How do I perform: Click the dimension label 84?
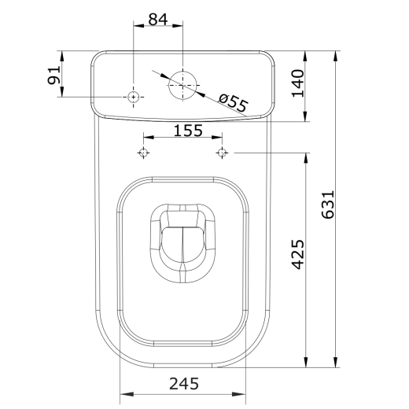[x=158, y=20]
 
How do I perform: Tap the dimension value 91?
[x=54, y=76]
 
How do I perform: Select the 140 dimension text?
[x=298, y=83]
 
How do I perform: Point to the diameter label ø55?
[x=233, y=102]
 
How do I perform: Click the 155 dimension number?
[x=188, y=131]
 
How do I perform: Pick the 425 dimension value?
[x=298, y=254]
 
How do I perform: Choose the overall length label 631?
[x=328, y=204]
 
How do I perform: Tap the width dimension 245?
[x=184, y=384]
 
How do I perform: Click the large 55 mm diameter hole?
[x=182, y=85]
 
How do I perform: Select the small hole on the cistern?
[x=134, y=97]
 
